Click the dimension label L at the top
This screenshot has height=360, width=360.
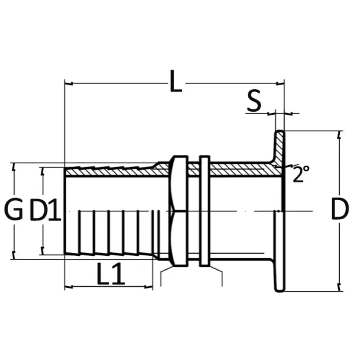176,81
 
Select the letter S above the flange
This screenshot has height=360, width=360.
254,100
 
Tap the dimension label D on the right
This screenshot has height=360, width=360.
340,209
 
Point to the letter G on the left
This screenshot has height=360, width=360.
14,209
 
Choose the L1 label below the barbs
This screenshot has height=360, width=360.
111,274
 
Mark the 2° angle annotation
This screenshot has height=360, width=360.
301,174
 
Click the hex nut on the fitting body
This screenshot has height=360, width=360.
178,211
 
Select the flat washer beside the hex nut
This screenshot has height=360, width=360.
205,211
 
